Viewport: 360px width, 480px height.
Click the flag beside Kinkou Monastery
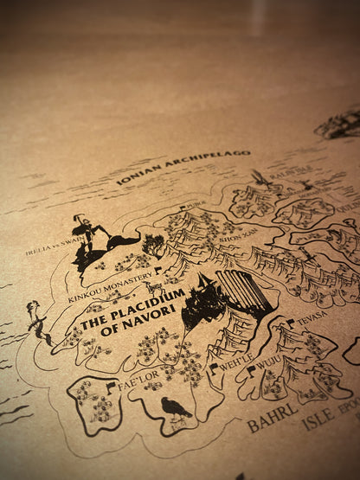(x=158, y=271)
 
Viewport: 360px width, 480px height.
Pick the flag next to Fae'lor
(x=111, y=387)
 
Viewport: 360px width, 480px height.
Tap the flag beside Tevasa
(x=291, y=323)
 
